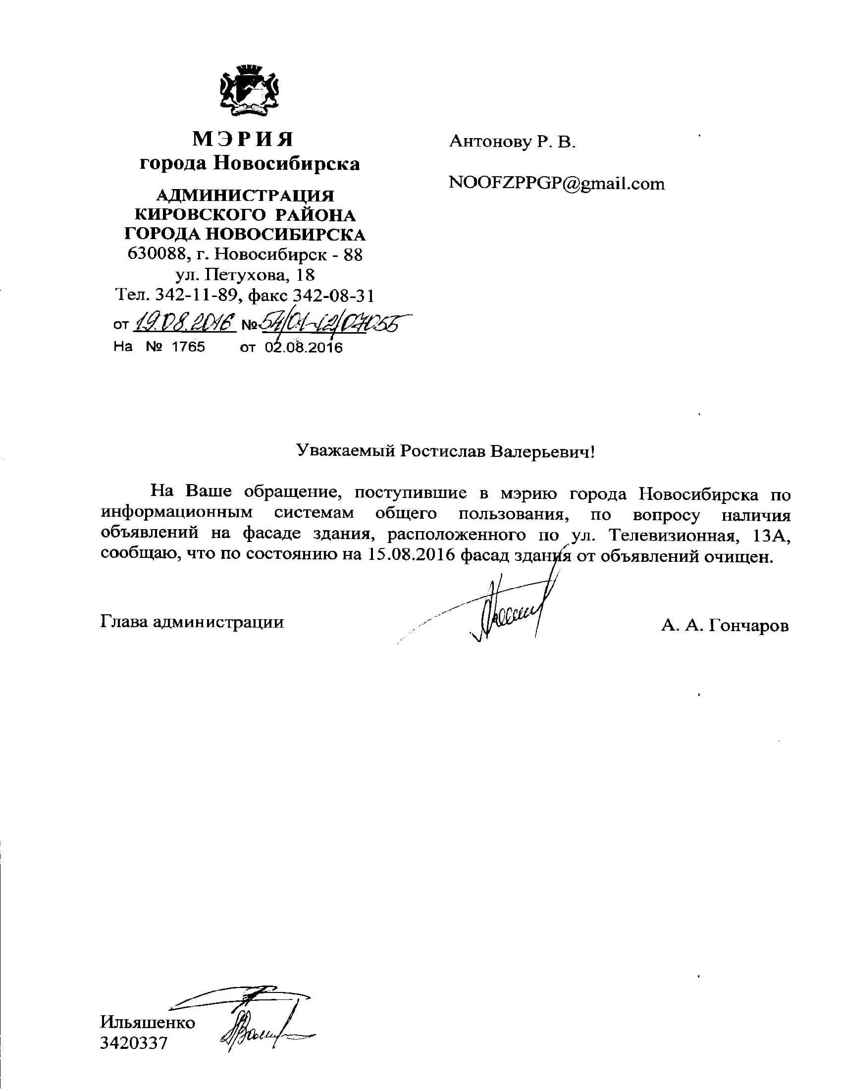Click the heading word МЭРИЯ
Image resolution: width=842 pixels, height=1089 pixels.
(x=243, y=140)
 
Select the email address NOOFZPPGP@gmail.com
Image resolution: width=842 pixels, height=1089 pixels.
(x=557, y=184)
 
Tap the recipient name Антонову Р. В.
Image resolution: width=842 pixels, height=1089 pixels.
(x=512, y=142)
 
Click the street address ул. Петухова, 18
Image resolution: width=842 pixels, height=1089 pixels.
(x=245, y=275)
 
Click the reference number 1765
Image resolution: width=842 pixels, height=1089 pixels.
(x=188, y=347)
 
